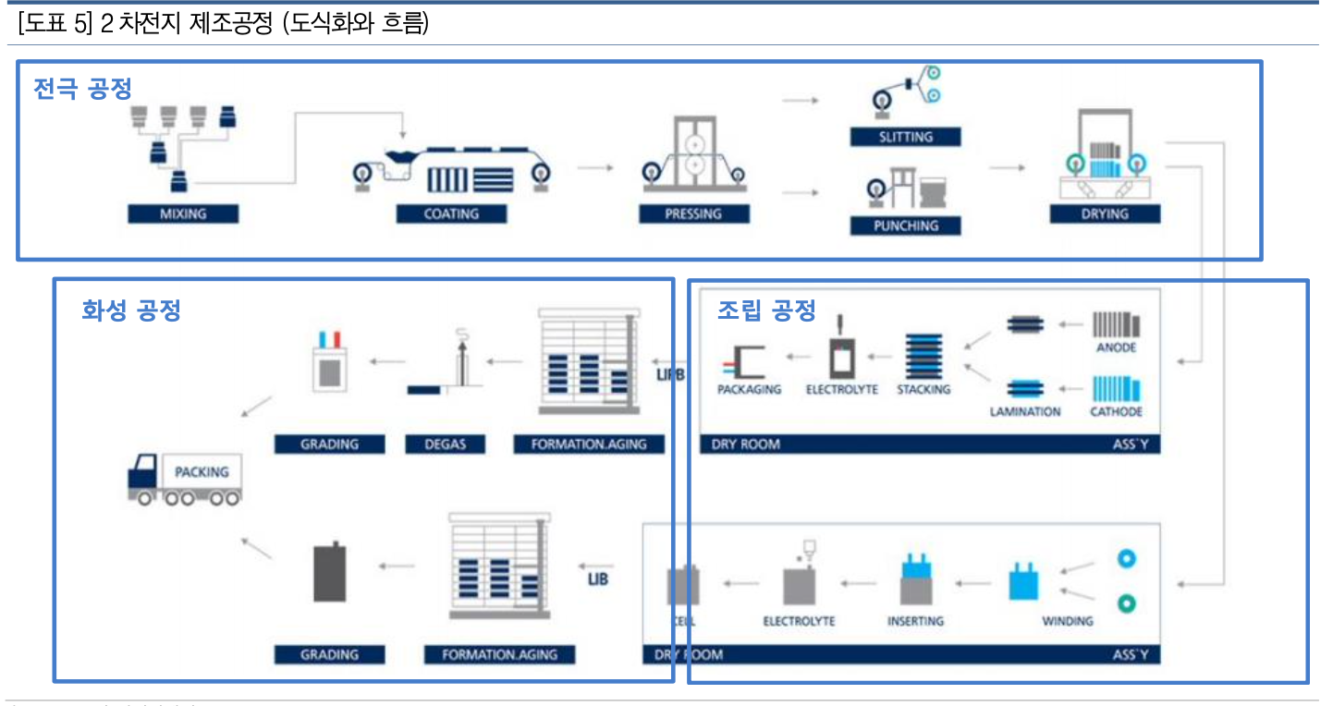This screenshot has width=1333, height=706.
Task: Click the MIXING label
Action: [183, 213]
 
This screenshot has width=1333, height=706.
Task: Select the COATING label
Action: [451, 213]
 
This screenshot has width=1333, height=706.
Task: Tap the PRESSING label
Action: [693, 213]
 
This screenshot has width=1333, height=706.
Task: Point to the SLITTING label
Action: [906, 137]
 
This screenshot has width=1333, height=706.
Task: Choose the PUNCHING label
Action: [906, 225]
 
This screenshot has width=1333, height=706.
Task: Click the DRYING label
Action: [1105, 213]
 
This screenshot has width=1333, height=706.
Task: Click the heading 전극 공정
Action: [83, 89]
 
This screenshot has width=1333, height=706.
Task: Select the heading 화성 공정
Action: [130, 310]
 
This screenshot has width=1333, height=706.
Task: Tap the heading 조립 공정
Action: [766, 310]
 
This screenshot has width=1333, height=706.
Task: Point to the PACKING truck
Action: [185, 478]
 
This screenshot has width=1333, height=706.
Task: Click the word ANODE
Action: [1116, 347]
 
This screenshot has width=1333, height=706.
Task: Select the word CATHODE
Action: [1116, 411]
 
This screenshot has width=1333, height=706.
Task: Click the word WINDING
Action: [1067, 621]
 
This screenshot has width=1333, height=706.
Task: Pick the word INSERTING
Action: [915, 621]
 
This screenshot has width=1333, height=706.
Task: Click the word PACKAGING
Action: [749, 389]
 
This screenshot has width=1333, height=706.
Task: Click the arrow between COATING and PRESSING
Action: [595, 168]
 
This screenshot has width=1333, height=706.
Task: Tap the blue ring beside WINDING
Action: [1125, 559]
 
